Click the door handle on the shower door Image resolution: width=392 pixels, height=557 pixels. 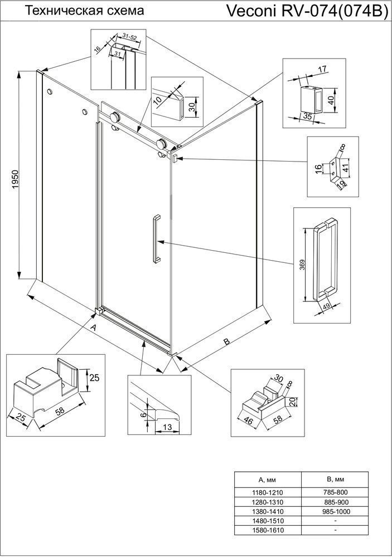tap(155, 238)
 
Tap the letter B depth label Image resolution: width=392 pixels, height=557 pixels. tap(226, 341)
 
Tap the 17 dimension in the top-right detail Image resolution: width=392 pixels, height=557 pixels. tap(322, 70)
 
